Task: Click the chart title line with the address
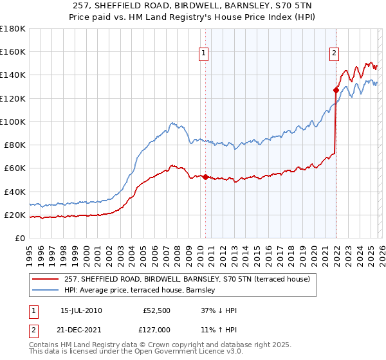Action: tap(193, 5)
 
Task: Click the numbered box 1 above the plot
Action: tap(204, 54)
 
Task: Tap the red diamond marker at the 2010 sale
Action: tap(205, 177)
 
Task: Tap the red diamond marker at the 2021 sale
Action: tap(336, 90)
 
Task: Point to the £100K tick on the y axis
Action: tap(13, 122)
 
